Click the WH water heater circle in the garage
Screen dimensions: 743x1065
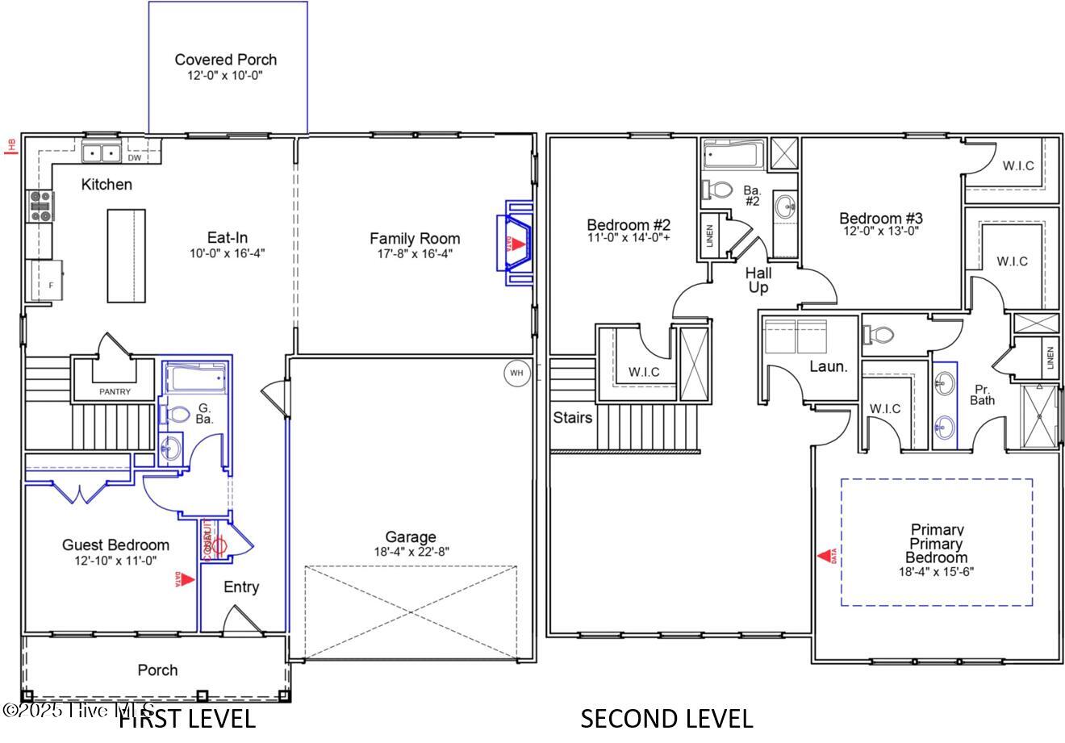[516, 373]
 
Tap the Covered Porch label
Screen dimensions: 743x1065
[225, 60]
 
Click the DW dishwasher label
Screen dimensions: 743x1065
[135, 158]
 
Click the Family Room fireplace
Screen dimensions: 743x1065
[517, 243]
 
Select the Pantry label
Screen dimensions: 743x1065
[115, 391]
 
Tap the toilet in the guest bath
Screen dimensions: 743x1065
[176, 415]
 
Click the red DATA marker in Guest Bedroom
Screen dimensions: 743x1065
[185, 578]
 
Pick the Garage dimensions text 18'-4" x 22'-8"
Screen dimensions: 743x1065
[411, 552]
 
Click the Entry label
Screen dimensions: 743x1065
[241, 587]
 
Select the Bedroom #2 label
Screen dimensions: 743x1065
[629, 225]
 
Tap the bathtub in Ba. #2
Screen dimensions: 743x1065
[733, 153]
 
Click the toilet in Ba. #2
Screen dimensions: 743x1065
[715, 190]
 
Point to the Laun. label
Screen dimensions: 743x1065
[829, 366]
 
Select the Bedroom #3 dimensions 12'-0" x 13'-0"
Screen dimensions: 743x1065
[879, 230]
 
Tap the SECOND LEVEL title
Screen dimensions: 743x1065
[666, 718]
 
